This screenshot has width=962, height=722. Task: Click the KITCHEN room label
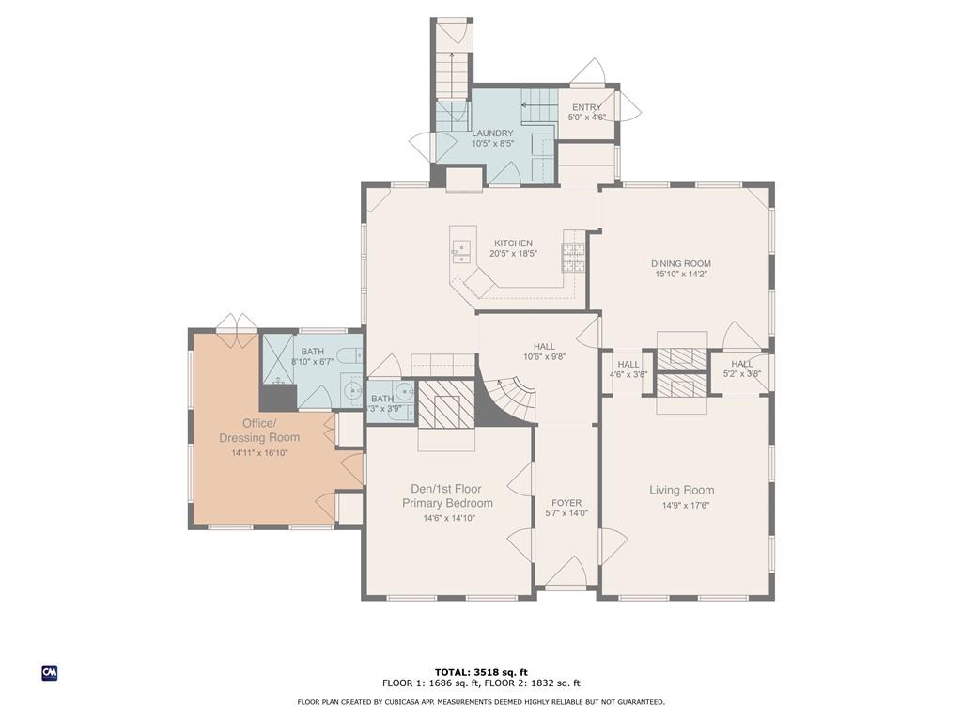[x=514, y=243]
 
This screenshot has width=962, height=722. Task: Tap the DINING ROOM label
[x=681, y=263]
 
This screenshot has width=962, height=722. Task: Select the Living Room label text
[x=682, y=490]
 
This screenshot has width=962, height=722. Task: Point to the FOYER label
[x=566, y=503]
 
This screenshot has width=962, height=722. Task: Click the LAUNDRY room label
[x=492, y=133]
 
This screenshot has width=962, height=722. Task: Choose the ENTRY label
[x=586, y=107]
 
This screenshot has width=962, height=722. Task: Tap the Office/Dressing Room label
[x=259, y=431]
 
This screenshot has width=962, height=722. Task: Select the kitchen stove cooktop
[x=574, y=258]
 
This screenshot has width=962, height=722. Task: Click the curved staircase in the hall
[x=509, y=399]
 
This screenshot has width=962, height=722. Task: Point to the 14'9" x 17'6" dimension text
[x=682, y=506]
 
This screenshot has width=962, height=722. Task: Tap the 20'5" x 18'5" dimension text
[x=514, y=253]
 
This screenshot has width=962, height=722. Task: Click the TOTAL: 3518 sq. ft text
[x=481, y=672]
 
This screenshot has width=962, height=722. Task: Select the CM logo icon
[x=50, y=673]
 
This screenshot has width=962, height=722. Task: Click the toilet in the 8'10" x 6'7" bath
[x=351, y=355]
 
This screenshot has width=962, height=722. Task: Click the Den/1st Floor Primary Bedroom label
[x=447, y=496]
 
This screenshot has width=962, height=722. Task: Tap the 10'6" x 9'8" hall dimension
[x=544, y=356]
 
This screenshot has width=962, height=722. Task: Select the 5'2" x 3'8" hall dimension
[x=742, y=373]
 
